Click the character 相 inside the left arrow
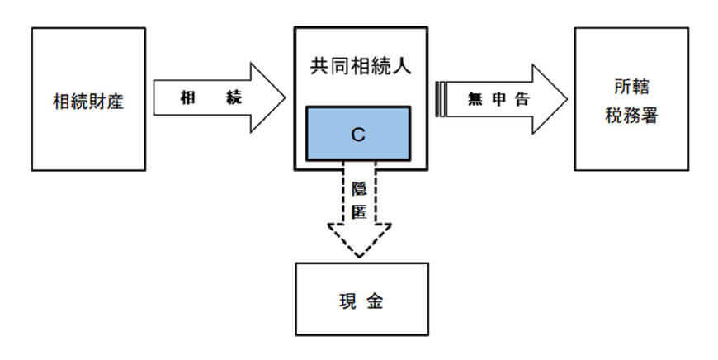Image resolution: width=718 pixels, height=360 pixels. pyautogui.click(x=188, y=97)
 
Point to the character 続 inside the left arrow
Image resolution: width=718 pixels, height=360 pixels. pyautogui.click(x=234, y=97)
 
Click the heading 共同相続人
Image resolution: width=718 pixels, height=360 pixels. pyautogui.click(x=360, y=65)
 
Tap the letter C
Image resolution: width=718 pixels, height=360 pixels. pyautogui.click(x=357, y=134)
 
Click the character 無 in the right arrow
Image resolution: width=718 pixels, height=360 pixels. pyautogui.click(x=474, y=98)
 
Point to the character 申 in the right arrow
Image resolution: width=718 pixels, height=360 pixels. pyautogui.click(x=498, y=98)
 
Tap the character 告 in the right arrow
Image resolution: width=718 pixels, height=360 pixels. pyautogui.click(x=521, y=98)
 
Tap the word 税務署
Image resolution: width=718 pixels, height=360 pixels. pyautogui.click(x=631, y=113)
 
